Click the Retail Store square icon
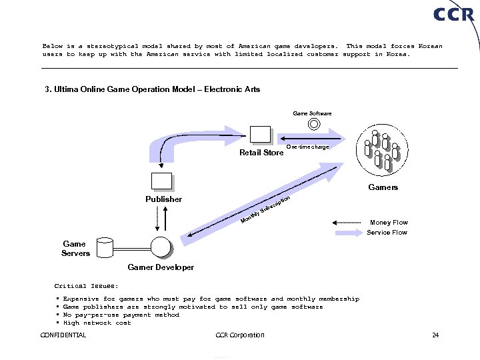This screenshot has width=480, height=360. pos(260,135)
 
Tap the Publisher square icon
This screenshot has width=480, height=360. pos(161,181)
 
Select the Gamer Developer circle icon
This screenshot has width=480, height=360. pos(161,247)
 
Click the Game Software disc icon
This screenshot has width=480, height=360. pos(312,124)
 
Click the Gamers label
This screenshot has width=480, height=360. pos(383,187)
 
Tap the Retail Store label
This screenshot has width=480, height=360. pos(261,153)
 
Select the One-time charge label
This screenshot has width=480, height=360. pos(307,147)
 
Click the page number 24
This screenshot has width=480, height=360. pos(435,335)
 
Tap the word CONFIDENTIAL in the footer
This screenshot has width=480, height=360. pos(63,335)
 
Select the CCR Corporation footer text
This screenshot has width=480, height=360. pos(241,335)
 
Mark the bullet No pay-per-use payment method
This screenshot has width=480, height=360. pos(121,315)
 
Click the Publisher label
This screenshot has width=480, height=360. pos(163,199)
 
